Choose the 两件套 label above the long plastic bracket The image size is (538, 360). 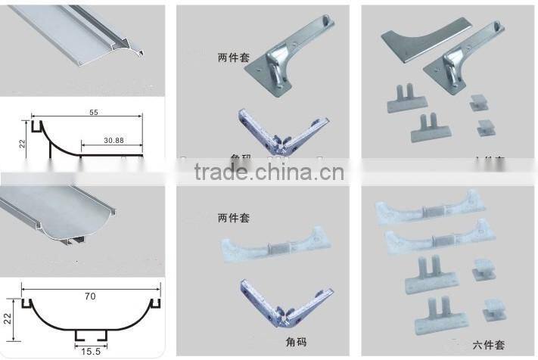[234, 218]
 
